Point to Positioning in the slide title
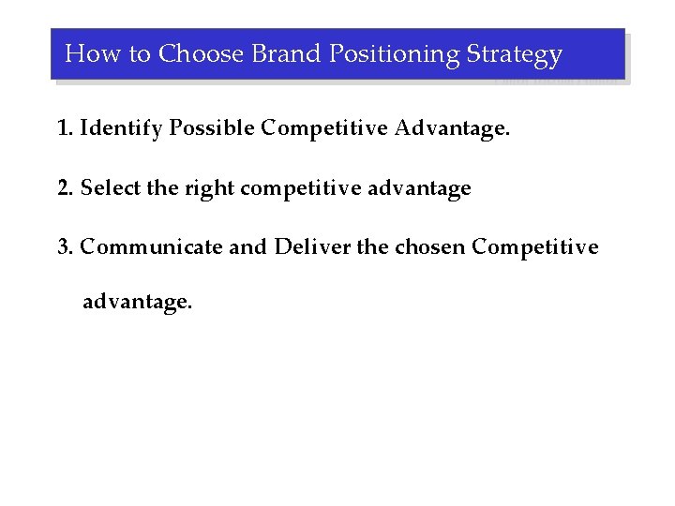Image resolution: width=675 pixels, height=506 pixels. pyautogui.click(x=391, y=54)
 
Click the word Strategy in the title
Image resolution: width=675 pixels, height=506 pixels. pyautogui.click(x=515, y=54)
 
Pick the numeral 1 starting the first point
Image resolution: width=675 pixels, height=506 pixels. pyautogui.click(x=63, y=128)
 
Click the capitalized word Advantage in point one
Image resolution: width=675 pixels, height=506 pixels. pyautogui.click(x=452, y=128)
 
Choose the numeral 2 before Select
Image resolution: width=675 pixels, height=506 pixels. pyautogui.click(x=63, y=188)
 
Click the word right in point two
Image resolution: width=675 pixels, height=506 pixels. pyautogui.click(x=209, y=189)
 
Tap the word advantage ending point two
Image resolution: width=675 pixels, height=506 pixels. pyautogui.click(x=419, y=189)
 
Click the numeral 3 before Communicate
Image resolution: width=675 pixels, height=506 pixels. pyautogui.click(x=63, y=247)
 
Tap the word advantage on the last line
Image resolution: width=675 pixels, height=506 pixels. pyautogui.click(x=137, y=302)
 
